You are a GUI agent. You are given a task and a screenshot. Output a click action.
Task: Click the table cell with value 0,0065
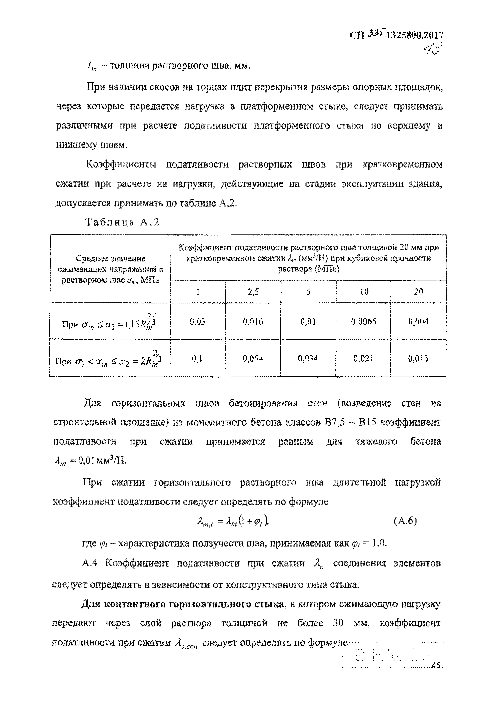pyautogui.click(x=363, y=321)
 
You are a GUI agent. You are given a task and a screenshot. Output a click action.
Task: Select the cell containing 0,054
pyautogui.click(x=253, y=358)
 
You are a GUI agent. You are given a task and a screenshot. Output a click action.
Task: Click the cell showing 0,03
pyautogui.click(x=197, y=321)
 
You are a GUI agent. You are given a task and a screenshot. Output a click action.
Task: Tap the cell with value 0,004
pyautogui.click(x=418, y=321)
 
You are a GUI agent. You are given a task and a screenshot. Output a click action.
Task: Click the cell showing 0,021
pyautogui.click(x=363, y=358)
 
